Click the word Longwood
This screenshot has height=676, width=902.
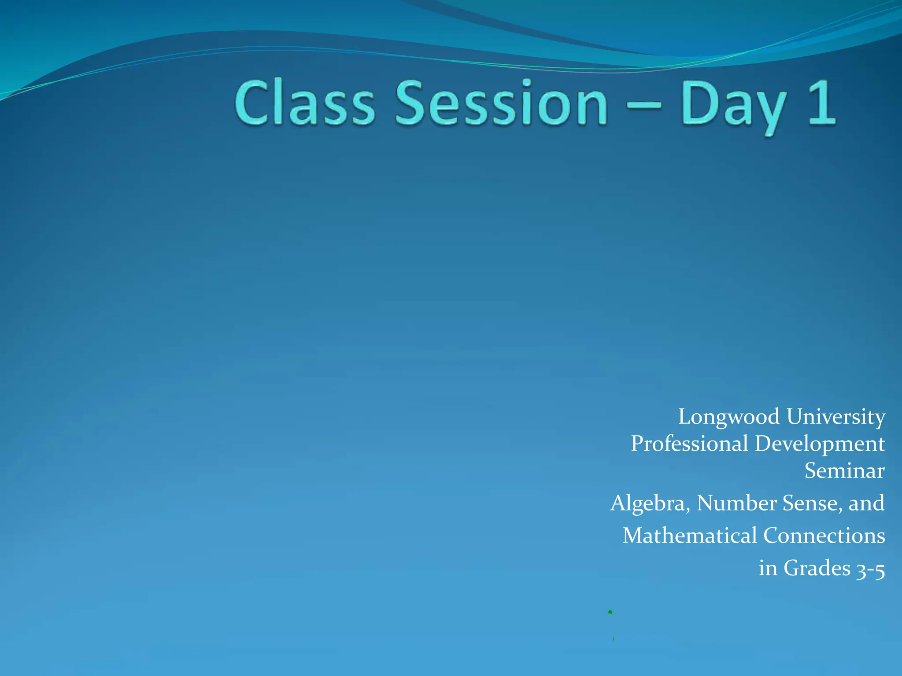(728, 417)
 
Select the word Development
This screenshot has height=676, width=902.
(820, 444)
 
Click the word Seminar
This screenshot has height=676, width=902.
(844, 471)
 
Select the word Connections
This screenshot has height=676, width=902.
(824, 536)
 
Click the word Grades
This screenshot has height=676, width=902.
(817, 568)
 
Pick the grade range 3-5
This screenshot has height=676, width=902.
(870, 569)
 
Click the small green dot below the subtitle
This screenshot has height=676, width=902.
(610, 612)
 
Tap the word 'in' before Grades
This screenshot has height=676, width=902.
(768, 568)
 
